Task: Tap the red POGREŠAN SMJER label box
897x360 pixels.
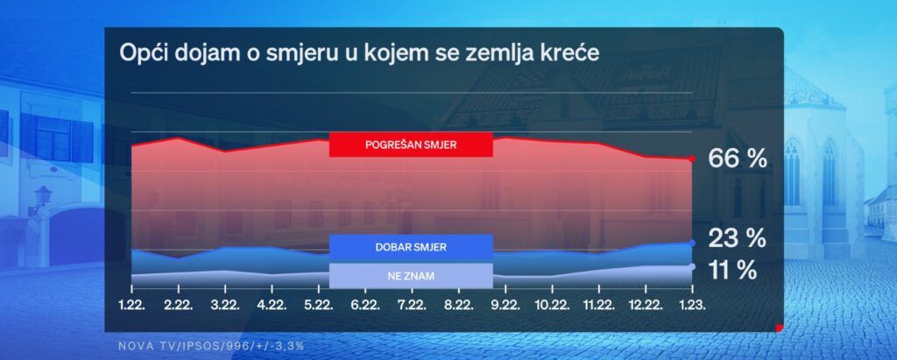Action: coord(411,145)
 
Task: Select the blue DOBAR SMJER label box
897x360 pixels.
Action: coord(411,247)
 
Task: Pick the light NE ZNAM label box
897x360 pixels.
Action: coord(411,276)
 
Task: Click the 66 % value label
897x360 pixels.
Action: coord(738,159)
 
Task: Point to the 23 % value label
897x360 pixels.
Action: coord(737,238)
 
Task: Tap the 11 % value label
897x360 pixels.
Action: coord(732,271)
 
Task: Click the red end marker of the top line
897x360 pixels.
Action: coord(692,159)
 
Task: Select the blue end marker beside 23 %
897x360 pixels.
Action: coord(692,244)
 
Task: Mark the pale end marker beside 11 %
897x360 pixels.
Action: coord(692,266)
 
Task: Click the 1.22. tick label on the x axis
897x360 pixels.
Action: coord(131,306)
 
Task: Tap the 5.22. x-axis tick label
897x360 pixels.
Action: coord(318,306)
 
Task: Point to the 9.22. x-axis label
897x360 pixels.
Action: coord(505,306)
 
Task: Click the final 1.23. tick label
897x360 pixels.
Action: coord(692,306)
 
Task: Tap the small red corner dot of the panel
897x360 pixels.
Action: coord(779,328)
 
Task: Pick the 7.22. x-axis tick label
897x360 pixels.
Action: coord(412,306)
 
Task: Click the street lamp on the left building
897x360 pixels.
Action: coord(42,197)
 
